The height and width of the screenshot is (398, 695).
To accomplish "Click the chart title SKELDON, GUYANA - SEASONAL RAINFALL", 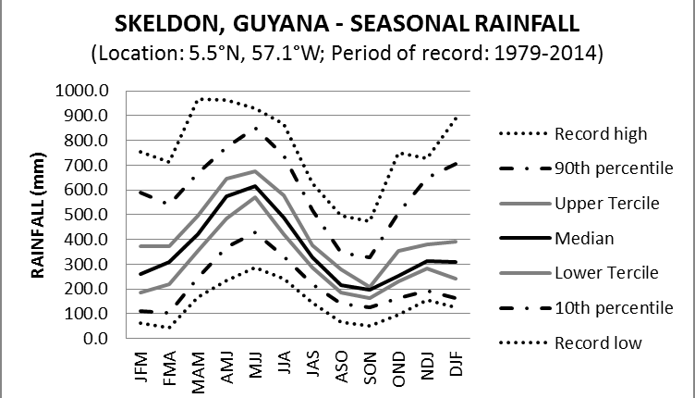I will tap(347, 22).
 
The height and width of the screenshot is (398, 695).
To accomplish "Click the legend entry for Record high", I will tap(601, 133).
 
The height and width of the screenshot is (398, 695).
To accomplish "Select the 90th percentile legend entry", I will tap(613, 168).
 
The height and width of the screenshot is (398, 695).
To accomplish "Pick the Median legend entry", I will tap(583, 238).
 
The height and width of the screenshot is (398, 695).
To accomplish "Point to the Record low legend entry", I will tap(596, 342).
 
